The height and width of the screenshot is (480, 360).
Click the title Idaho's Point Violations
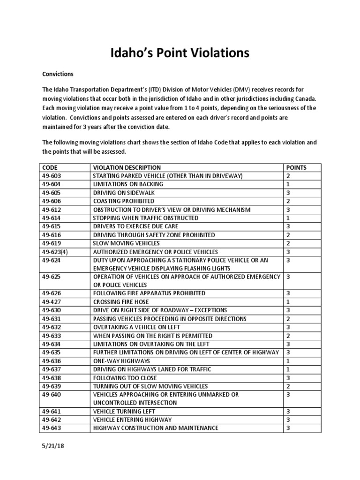(180, 53)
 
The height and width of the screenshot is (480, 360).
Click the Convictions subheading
(58, 74)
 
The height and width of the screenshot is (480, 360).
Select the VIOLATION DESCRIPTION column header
(127, 167)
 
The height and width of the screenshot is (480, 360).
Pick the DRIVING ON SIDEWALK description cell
(124, 193)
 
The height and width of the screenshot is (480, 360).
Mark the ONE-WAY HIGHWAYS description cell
(121, 361)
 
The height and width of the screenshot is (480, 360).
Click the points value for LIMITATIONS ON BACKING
(288, 184)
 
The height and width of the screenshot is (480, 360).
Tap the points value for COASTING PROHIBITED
(288, 201)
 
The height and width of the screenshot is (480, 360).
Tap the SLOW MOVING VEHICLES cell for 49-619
(126, 243)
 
